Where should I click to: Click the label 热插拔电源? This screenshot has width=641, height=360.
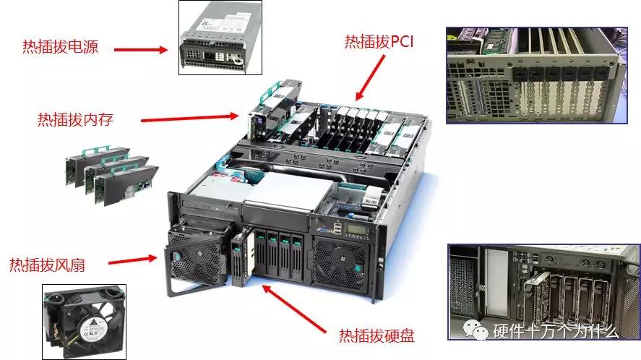[x=61, y=48]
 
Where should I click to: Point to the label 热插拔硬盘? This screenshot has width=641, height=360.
[x=377, y=335]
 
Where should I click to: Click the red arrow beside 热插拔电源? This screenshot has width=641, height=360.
[x=142, y=50]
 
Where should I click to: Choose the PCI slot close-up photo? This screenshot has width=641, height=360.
[x=535, y=75]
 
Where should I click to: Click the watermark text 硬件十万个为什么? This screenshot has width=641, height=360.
[x=556, y=332]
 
